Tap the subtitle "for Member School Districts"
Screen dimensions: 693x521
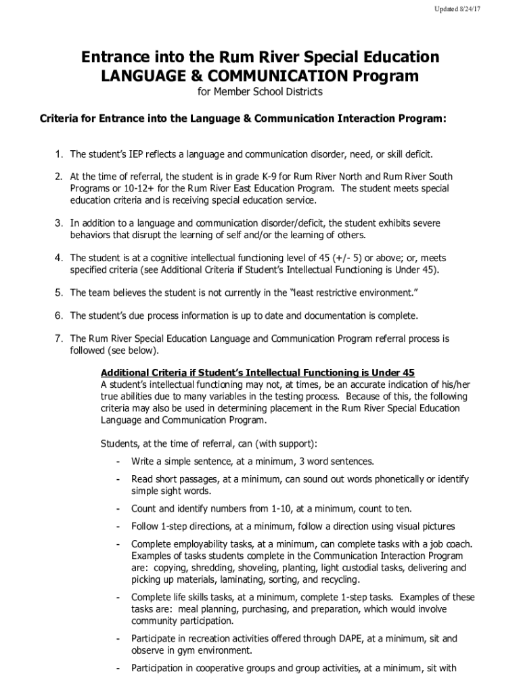(x=260, y=91)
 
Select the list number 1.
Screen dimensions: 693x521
(x=60, y=154)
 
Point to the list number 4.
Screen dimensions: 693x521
(x=60, y=258)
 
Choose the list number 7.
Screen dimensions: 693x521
(x=60, y=338)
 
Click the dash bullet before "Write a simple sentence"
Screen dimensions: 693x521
(x=118, y=462)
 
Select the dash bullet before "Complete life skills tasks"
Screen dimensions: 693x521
(x=118, y=597)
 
